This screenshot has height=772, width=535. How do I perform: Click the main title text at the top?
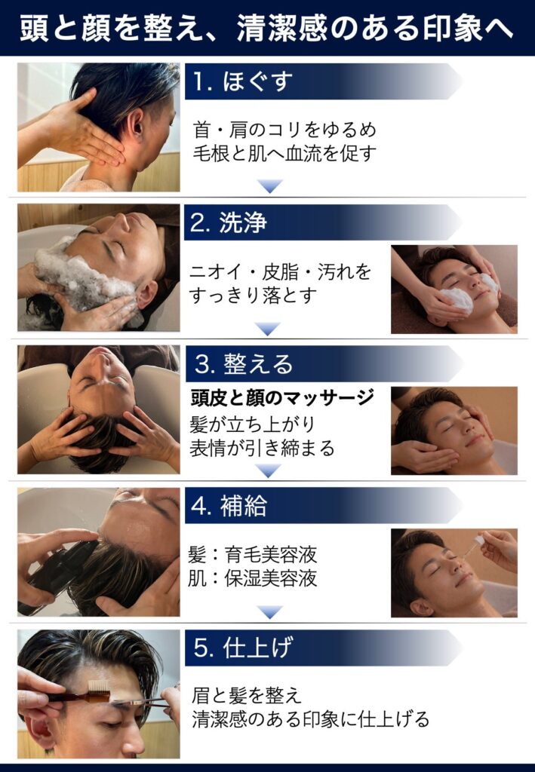point(266,27)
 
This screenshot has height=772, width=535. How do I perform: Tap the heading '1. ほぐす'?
point(242,81)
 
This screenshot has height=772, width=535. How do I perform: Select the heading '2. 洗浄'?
point(228,222)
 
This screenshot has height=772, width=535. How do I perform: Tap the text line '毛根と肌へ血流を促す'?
point(284,154)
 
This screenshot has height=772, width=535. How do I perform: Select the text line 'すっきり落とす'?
point(253,296)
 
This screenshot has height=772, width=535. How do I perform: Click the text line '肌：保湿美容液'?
point(252,578)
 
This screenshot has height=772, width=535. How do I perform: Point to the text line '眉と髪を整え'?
point(246,695)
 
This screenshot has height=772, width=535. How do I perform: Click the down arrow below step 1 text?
point(270,186)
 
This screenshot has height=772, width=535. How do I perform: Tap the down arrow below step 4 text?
point(270,612)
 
